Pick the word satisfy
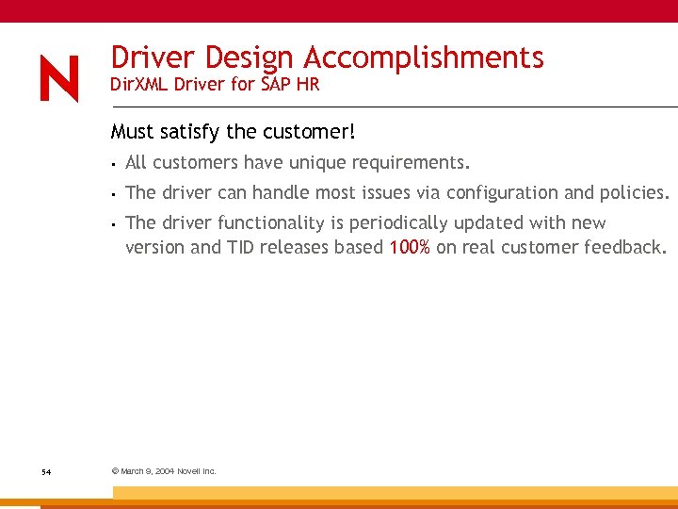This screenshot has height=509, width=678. pos(189,131)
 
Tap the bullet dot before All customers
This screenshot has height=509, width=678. pos(112,164)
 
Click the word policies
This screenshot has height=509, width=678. pos(633,192)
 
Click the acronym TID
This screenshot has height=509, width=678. pos(237,248)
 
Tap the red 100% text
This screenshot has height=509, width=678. pos(410,248)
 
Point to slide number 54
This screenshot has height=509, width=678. pos(46,471)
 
